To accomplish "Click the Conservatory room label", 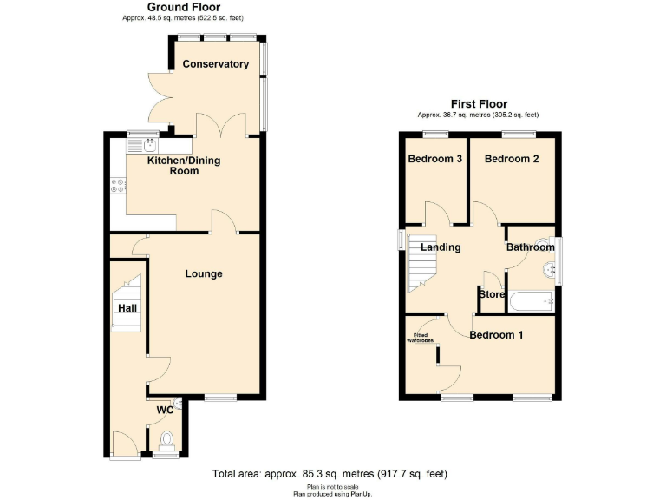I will (x=216, y=64).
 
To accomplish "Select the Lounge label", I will (x=204, y=274).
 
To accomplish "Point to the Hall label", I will (x=127, y=308).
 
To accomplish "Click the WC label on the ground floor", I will (x=165, y=411).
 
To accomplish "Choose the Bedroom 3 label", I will (x=434, y=159).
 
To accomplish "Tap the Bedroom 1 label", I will (x=496, y=335).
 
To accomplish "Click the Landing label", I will (x=441, y=247).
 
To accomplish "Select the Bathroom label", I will (x=530, y=247).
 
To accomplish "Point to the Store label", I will (x=492, y=294).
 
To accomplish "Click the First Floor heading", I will (x=478, y=104).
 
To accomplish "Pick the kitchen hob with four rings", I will (x=118, y=185).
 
